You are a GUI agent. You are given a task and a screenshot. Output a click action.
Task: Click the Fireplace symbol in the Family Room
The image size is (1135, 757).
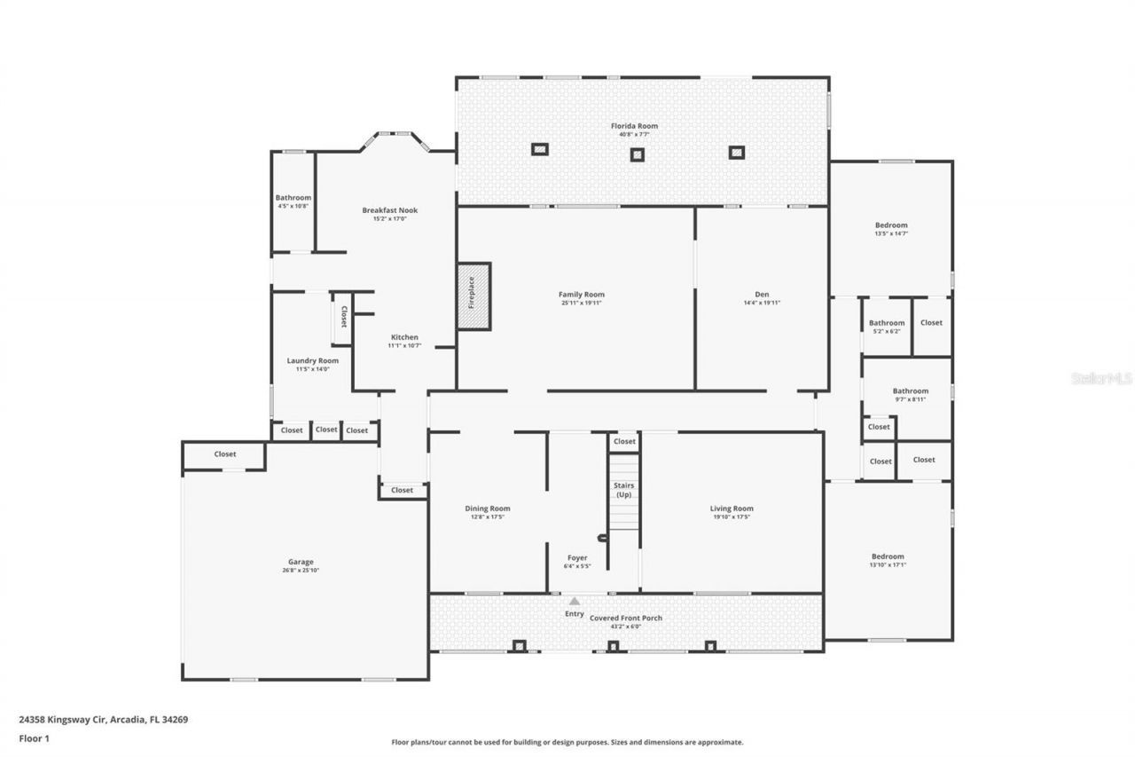click(474, 296)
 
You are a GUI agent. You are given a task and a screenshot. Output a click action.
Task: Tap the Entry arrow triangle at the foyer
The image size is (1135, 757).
click(575, 602)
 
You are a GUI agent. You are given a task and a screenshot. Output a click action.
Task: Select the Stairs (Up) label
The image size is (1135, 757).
click(624, 490)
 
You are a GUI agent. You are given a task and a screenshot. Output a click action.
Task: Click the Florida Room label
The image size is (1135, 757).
click(634, 126)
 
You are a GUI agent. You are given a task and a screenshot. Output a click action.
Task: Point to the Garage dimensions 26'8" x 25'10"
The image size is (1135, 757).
click(301, 571)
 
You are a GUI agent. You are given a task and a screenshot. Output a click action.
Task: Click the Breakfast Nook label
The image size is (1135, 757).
click(389, 210)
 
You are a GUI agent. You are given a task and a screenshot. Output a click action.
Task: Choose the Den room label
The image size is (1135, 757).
click(762, 294)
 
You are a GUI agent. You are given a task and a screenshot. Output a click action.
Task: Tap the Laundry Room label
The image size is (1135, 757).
click(312, 360)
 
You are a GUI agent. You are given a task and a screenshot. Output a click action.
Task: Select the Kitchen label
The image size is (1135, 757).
click(404, 337)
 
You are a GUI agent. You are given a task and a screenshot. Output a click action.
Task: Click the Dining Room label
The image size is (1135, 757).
click(488, 509)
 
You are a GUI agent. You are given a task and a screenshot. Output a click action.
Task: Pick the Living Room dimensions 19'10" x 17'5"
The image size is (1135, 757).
click(732, 516)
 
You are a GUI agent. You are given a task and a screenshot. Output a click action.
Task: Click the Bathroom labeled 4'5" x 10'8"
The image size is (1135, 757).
click(293, 198)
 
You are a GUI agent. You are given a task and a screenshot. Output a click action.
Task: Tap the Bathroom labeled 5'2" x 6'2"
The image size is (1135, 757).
click(887, 323)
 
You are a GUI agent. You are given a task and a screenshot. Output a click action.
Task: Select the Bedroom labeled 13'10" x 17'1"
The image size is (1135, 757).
click(888, 556)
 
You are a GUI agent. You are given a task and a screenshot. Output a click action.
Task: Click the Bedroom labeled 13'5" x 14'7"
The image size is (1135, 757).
click(891, 225)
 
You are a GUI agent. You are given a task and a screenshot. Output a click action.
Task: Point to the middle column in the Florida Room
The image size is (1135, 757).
click(637, 154)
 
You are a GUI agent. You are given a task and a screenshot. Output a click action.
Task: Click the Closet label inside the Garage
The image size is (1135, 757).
click(225, 454)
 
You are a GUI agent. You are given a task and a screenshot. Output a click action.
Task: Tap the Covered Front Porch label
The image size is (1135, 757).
click(626, 618)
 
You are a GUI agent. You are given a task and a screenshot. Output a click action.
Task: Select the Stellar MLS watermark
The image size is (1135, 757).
click(1101, 378)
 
